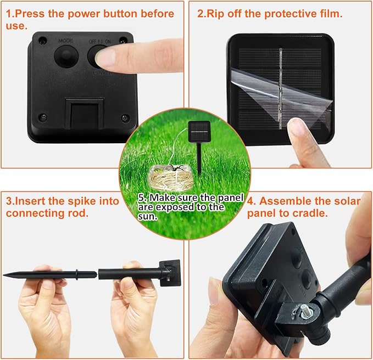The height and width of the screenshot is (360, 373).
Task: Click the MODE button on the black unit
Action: coord(66,56)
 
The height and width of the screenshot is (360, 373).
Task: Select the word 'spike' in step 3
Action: coord(80,201)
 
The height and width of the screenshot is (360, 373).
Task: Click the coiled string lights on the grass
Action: coord(170,178)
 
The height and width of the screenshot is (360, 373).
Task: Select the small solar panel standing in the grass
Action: coord(199,131)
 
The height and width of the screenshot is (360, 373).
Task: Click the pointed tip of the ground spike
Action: coord(3,275)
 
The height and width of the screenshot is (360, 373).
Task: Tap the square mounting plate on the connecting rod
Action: coord(170,273)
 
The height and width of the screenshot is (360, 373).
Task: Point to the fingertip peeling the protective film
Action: coord(297,129)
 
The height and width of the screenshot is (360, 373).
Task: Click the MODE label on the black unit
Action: coord(66,41)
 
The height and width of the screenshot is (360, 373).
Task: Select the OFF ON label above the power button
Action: coord(99,42)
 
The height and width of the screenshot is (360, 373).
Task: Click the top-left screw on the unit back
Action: coord(42,40)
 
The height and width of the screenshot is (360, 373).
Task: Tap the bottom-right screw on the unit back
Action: coord(125,117)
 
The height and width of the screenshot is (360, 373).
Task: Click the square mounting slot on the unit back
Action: coord(85,114)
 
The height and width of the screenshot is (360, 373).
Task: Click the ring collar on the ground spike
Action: coord(76,275)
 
